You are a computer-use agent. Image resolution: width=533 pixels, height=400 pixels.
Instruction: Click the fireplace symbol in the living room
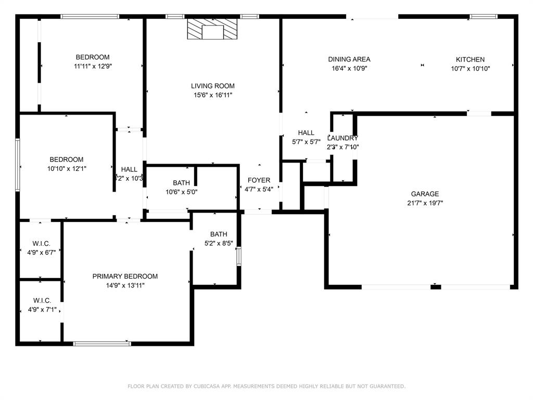point(212,30)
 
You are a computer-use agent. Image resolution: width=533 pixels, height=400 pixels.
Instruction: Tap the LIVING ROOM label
point(212,86)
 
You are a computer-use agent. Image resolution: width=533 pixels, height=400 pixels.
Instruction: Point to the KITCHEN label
point(470,59)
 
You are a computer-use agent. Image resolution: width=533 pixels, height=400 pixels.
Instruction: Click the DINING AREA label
point(349,59)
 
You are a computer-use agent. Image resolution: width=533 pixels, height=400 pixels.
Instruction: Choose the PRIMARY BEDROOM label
point(125,276)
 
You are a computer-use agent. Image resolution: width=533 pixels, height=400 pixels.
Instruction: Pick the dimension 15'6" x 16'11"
point(212,95)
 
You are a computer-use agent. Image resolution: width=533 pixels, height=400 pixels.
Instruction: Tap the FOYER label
point(259,180)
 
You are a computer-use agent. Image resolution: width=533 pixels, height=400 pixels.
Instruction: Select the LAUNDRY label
point(342,138)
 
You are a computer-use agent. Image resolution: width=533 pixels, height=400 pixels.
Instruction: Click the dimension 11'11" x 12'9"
point(93,66)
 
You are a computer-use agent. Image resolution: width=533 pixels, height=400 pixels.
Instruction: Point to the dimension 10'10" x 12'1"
point(67,168)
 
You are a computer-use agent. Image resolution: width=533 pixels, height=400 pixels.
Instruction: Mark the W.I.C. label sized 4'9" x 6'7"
point(42,243)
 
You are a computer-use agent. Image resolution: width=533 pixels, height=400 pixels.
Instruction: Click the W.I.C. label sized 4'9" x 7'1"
point(42,301)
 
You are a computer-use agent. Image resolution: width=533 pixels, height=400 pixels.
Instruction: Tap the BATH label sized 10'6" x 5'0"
point(181,183)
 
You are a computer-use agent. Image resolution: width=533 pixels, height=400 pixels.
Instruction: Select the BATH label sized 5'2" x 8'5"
point(219,234)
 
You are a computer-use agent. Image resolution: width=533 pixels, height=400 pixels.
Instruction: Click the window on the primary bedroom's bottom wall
point(102,343)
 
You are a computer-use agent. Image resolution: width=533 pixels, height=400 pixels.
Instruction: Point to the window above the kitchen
point(484,17)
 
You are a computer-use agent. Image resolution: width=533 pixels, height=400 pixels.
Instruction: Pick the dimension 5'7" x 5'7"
point(306,142)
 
